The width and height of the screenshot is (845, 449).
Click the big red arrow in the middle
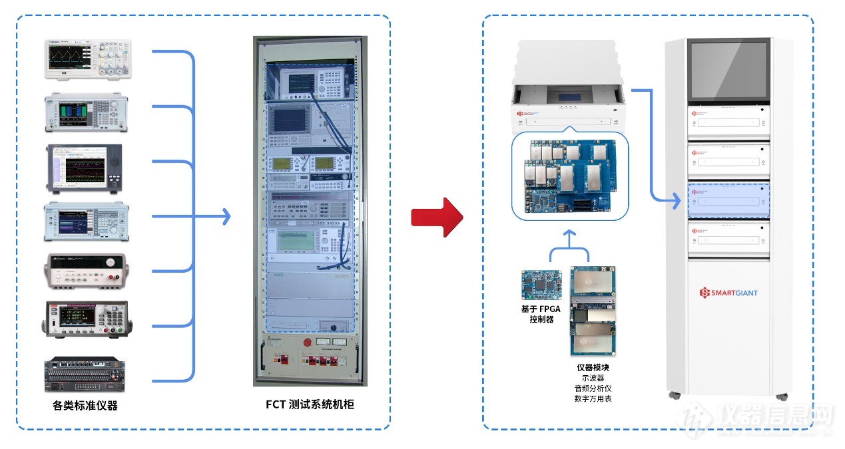point(437,217)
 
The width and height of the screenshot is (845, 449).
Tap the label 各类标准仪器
point(85,405)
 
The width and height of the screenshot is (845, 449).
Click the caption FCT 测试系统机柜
point(310,404)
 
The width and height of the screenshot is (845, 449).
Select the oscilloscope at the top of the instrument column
point(88,60)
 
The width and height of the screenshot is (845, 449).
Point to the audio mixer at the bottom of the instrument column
point(86,375)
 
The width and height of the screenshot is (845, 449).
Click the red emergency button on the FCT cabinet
point(308,343)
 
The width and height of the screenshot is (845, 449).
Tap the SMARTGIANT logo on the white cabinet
point(728,293)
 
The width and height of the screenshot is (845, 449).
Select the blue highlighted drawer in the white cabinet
point(728,200)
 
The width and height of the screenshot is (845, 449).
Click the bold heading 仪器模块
point(593,367)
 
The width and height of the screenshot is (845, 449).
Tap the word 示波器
point(593,378)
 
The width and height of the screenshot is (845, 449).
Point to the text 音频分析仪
point(593,388)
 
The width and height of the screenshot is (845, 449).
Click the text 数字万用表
point(593,398)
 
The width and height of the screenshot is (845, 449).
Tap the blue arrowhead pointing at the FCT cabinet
point(226,216)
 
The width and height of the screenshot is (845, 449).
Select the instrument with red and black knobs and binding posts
point(86,271)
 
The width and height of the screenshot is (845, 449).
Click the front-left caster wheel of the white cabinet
point(675,395)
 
